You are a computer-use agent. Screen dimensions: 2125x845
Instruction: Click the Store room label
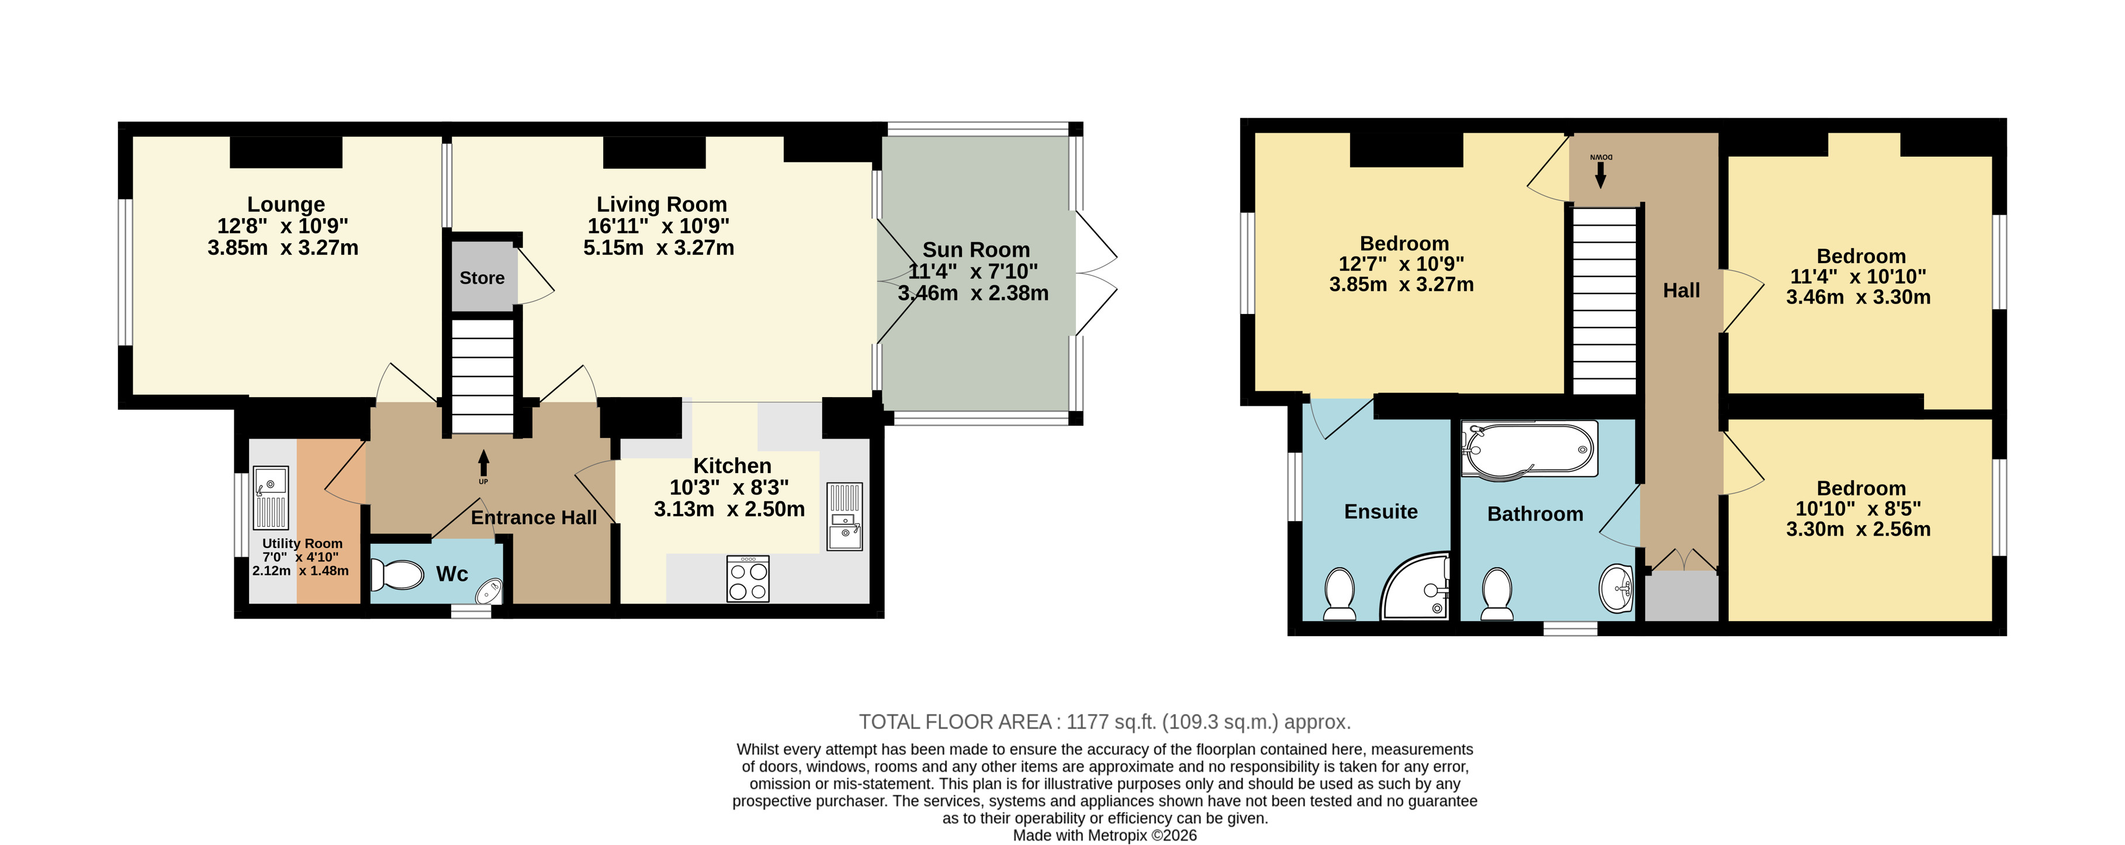(x=482, y=278)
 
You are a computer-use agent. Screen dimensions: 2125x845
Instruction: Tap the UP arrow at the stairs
(x=483, y=463)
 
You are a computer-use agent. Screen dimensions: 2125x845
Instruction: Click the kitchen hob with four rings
(x=748, y=578)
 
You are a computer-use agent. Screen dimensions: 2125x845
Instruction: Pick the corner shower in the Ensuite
(x=1415, y=586)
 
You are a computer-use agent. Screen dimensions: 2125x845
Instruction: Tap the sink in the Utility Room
(x=271, y=498)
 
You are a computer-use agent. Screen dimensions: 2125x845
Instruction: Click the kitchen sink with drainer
(x=844, y=516)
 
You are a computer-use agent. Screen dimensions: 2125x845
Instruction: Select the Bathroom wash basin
(x=1616, y=589)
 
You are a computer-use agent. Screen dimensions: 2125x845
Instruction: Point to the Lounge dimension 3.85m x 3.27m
(x=283, y=247)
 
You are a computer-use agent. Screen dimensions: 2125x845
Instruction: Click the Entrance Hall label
(x=534, y=518)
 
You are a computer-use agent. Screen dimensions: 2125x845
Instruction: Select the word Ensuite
(x=1381, y=512)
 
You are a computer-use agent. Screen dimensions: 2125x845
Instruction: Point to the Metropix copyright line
(x=1105, y=835)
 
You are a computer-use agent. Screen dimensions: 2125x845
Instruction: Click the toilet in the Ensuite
(x=1340, y=594)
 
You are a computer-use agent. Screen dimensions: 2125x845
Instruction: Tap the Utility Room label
(x=302, y=544)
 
